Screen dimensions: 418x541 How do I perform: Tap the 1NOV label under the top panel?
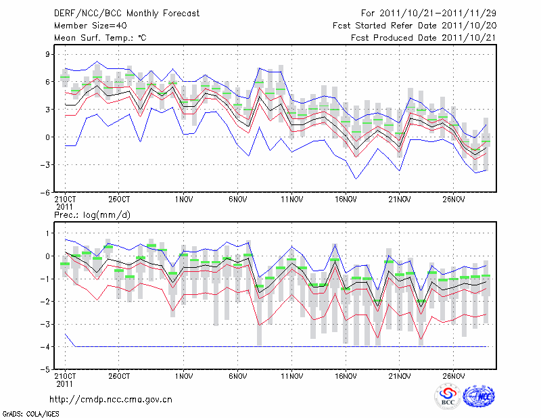[184, 200]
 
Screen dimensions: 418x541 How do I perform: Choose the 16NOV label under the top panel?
[346, 200]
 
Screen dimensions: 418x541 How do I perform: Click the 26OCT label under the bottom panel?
[119, 375]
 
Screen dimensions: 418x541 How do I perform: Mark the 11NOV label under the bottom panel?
[291, 375]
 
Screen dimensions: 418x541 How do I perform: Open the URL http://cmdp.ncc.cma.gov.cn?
[111, 399]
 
